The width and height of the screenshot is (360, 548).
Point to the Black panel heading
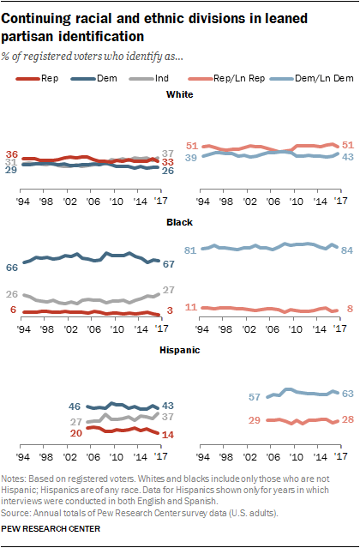[179, 222]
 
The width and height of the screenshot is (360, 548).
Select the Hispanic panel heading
[179, 350]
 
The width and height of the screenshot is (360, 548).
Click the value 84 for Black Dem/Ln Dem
[347, 251]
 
